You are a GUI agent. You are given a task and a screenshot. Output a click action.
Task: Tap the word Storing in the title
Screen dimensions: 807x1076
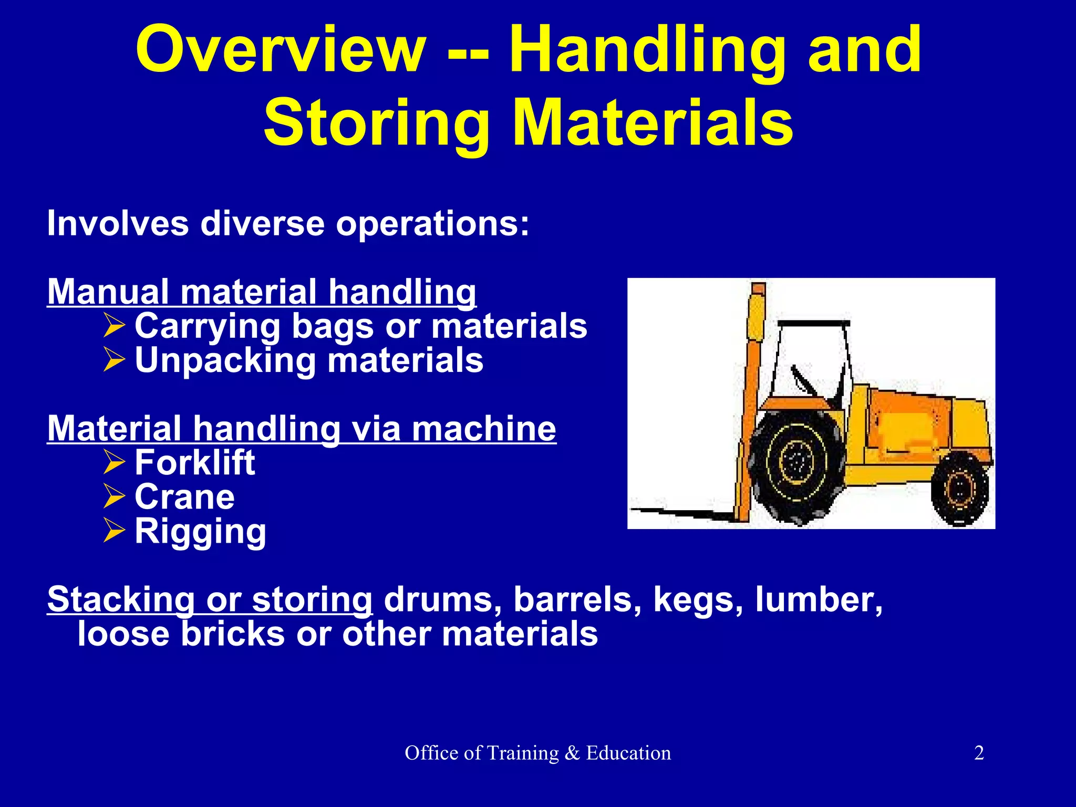[376, 123]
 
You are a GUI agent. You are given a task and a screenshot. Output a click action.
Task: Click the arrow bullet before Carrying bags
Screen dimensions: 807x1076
[114, 326]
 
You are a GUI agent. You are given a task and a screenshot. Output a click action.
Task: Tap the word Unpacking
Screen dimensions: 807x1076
[225, 361]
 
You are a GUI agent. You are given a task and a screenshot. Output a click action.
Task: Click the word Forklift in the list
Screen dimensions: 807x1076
[194, 463]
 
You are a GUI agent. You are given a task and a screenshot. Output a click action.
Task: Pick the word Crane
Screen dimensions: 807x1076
[184, 497]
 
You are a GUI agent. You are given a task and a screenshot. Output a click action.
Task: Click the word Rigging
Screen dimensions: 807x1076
[200, 532]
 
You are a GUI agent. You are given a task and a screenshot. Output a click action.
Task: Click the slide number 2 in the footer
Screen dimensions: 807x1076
[979, 753]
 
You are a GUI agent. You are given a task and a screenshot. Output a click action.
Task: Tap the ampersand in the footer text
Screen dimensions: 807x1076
[572, 753]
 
